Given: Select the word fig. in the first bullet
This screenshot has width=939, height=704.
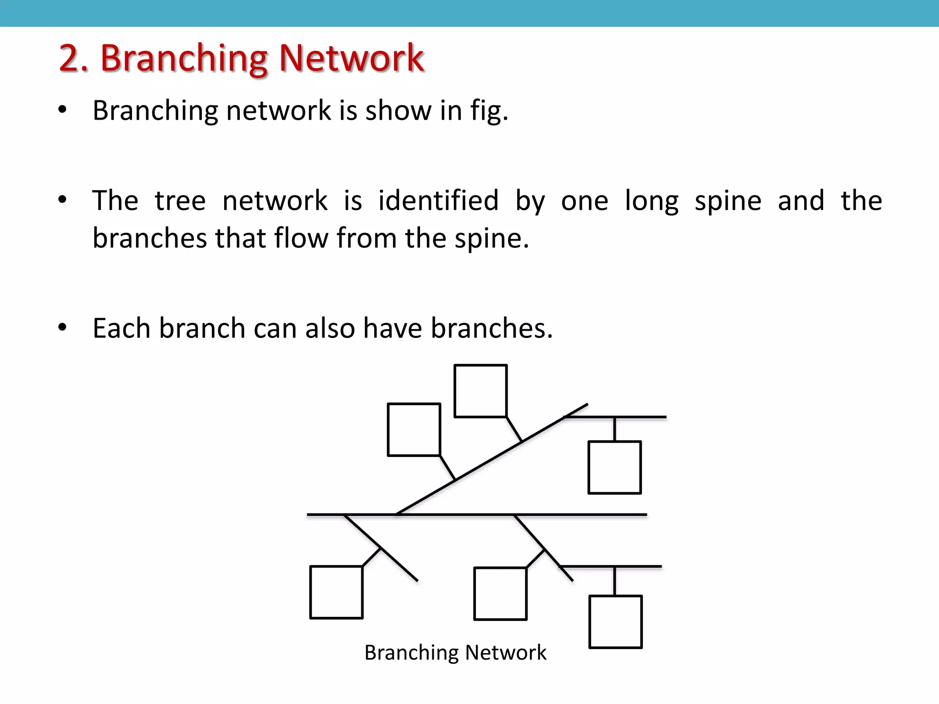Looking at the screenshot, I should point(489,111).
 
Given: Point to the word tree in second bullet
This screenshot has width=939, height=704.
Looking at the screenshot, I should point(180,201).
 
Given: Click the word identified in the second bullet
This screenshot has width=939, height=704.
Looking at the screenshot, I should point(438,201).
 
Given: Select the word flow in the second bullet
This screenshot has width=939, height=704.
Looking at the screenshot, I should point(301,238).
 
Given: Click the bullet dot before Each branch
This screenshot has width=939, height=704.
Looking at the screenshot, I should point(63,327).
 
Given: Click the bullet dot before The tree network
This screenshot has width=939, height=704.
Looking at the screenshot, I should point(63,199).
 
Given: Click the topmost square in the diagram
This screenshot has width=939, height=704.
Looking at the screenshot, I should point(481,391).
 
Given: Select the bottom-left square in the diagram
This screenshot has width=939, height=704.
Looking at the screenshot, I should point(336,592).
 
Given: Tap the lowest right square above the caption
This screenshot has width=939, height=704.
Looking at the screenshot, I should point(615,621).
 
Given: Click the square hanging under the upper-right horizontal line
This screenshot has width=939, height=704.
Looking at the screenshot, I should point(614,467).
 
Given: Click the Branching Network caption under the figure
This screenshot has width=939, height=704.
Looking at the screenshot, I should point(455,652).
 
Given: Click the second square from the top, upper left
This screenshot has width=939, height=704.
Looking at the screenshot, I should point(414,429).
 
